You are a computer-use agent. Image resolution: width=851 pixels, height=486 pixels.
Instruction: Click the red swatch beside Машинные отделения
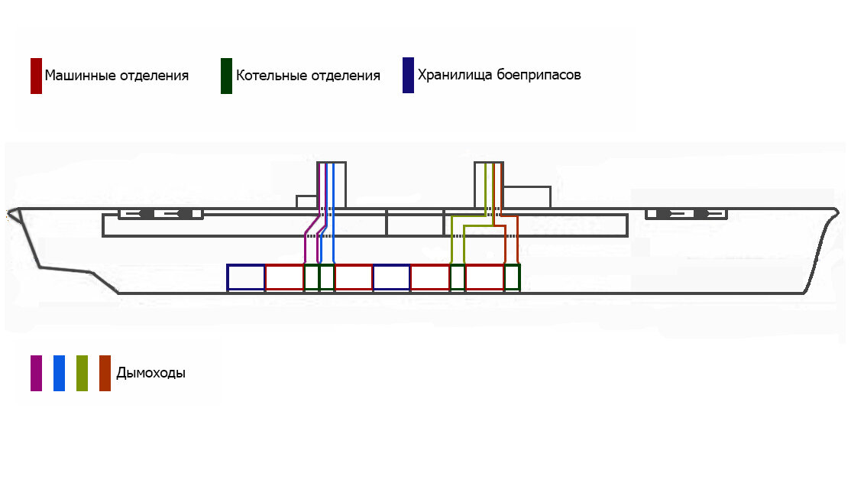pyautogui.click(x=37, y=76)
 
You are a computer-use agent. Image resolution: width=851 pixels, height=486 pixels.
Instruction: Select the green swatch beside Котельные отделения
pyautogui.click(x=226, y=76)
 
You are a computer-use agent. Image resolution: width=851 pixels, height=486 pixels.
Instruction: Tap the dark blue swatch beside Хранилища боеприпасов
pyautogui.click(x=408, y=76)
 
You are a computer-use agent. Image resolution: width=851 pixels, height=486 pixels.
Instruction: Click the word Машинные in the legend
pyautogui.click(x=80, y=76)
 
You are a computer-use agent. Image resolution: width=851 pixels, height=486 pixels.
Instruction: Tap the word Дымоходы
pyautogui.click(x=151, y=373)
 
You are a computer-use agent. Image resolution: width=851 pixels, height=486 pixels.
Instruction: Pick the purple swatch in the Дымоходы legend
pyautogui.click(x=37, y=373)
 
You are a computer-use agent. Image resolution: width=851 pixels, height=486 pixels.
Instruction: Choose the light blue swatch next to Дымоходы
pyautogui.click(x=59, y=373)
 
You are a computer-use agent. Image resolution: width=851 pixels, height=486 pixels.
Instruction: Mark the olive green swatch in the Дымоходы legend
pyautogui.click(x=82, y=373)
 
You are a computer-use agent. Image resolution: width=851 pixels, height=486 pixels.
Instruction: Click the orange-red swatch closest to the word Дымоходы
pyautogui.click(x=105, y=373)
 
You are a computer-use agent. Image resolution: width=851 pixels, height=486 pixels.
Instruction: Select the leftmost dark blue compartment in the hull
pyautogui.click(x=246, y=264)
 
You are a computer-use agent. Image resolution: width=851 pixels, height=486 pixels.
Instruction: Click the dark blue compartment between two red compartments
pyautogui.click(x=391, y=264)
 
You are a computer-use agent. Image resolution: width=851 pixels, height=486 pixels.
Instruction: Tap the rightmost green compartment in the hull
pyautogui.click(x=513, y=264)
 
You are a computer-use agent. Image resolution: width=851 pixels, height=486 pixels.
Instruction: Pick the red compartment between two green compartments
pyautogui.click(x=484, y=264)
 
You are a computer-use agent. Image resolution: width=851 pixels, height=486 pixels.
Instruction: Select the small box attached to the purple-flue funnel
pyautogui.click(x=306, y=196)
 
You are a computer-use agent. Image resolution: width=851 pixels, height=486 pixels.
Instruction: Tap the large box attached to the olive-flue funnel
pyautogui.click(x=527, y=187)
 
